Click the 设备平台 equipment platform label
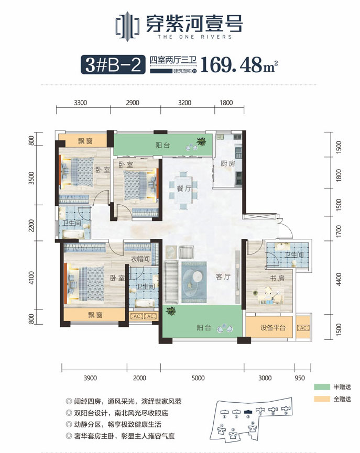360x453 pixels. (x=273, y=328)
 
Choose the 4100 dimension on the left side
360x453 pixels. (x=32, y=278)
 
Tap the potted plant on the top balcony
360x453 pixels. (x=201, y=141)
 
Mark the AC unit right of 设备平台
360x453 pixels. (x=302, y=328)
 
